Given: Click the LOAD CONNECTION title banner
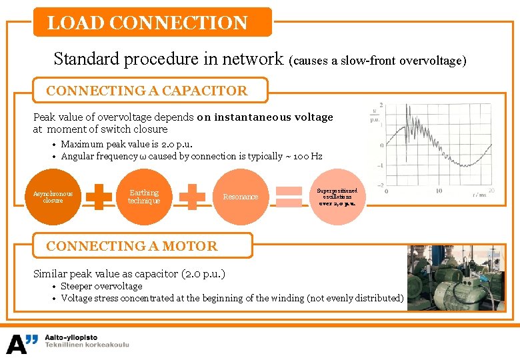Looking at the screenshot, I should (153, 23).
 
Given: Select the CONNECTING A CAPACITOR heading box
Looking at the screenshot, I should (151, 91).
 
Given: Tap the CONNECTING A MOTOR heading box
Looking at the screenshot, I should (143, 245).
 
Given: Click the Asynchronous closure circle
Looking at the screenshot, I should (53, 197).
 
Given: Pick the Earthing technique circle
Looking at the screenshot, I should (144, 197).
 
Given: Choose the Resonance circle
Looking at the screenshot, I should (240, 197).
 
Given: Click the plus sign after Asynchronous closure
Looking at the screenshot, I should (99, 197).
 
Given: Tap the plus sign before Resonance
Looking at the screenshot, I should (192, 197).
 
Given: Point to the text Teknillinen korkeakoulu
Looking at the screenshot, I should (87, 345).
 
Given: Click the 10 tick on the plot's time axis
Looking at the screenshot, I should (438, 191).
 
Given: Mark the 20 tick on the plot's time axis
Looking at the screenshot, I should (491, 191).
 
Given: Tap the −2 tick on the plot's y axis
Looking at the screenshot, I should (381, 185).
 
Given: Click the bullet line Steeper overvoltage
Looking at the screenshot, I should (101, 286).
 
